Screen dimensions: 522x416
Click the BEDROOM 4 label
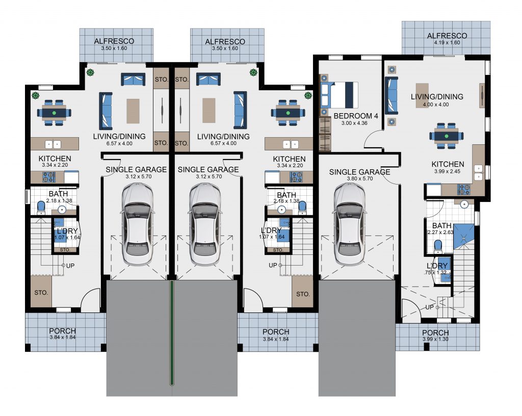click(x=355, y=116)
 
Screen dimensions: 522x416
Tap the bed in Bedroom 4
click(x=339, y=95)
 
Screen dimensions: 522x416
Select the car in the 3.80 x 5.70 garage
click(x=349, y=225)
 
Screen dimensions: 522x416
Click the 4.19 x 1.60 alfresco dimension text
click(x=447, y=43)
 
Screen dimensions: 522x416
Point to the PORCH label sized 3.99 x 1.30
click(x=435, y=332)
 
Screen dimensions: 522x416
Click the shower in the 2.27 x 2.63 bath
click(x=463, y=237)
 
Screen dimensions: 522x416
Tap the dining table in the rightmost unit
click(x=446, y=136)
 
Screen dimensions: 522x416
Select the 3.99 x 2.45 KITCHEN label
click(x=448, y=164)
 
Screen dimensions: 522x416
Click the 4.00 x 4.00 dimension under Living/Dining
click(x=436, y=105)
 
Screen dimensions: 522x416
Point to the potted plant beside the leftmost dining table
click(x=35, y=96)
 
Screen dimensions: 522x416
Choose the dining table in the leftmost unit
click(x=55, y=113)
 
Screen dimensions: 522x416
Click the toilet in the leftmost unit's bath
click(x=41, y=208)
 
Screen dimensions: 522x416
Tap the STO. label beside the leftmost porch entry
click(x=41, y=293)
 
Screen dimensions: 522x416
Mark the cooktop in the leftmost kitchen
click(x=49, y=177)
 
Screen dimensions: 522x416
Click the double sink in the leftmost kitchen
click(x=53, y=144)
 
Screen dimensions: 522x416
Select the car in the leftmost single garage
click(x=137, y=224)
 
